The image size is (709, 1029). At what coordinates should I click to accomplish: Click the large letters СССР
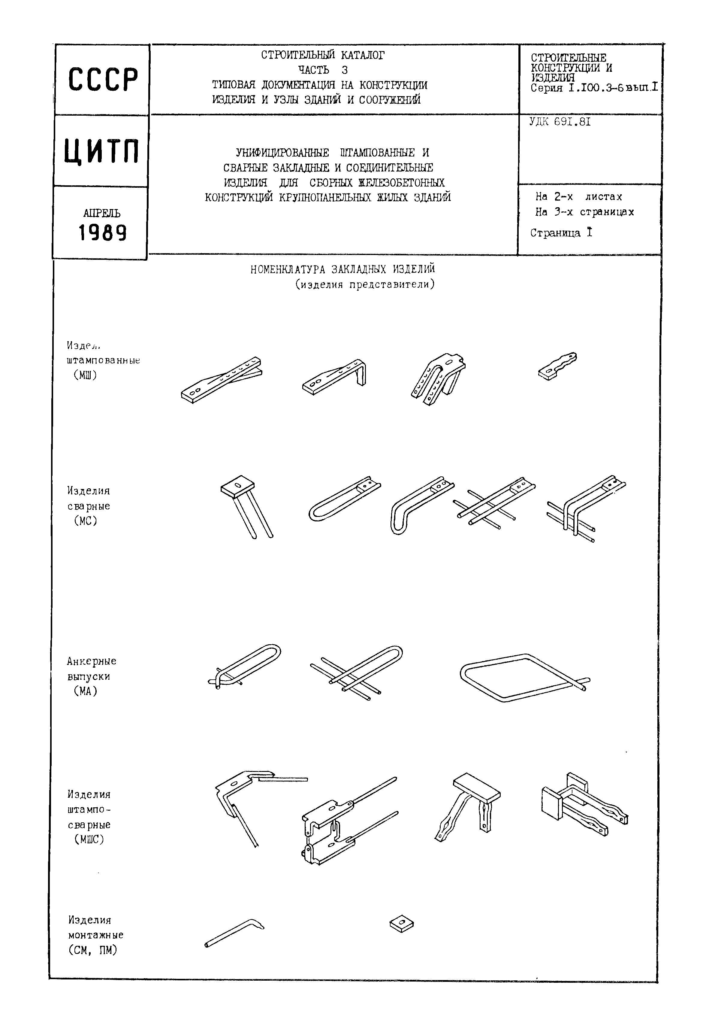[103, 80]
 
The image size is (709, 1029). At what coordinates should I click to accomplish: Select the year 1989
[103, 233]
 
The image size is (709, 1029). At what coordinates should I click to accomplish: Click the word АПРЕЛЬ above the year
[102, 213]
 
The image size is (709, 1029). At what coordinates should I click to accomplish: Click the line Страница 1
[561, 233]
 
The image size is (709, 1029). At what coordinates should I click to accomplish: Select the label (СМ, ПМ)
[92, 950]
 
